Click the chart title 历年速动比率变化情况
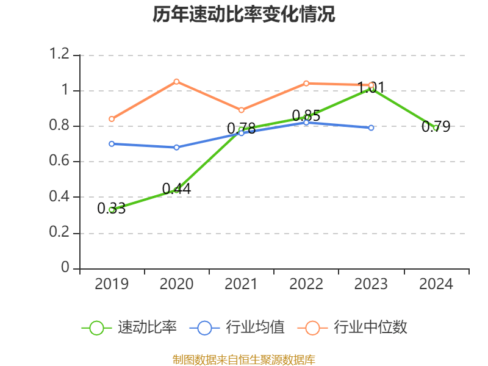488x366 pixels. (x=244, y=15)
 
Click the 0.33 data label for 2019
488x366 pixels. (x=112, y=209)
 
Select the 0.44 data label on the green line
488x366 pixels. (x=176, y=189)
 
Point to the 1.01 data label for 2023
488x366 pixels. (x=371, y=88)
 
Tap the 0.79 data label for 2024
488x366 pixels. (x=436, y=127)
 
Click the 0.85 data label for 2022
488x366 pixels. (x=306, y=115)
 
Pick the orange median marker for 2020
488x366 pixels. (x=176, y=81)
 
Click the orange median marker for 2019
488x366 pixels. (x=112, y=119)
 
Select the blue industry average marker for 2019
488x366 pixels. (x=112, y=144)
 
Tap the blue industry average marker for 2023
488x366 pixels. (x=371, y=128)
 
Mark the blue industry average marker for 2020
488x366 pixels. (x=176, y=147)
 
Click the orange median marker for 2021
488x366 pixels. (x=242, y=110)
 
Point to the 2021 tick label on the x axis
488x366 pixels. (x=242, y=284)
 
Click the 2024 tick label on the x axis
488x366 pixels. (x=436, y=284)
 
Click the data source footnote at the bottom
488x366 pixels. (x=244, y=359)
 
